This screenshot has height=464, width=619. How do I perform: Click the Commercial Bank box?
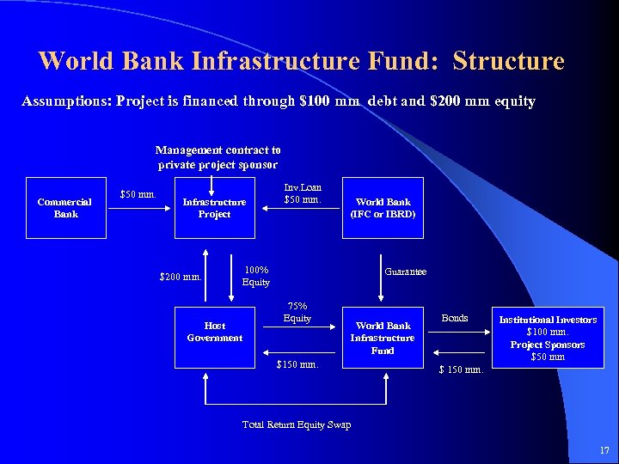pyautogui.click(x=65, y=208)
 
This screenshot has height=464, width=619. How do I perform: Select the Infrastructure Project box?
pyautogui.click(x=214, y=208)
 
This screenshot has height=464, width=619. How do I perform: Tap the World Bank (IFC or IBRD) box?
pyautogui.click(x=383, y=208)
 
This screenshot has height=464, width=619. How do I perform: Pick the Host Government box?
pyautogui.click(x=214, y=332)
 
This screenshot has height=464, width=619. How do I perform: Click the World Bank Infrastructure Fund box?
pyautogui.click(x=383, y=338)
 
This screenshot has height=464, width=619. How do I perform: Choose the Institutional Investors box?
pyautogui.click(x=548, y=338)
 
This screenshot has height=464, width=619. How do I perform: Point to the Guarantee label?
pyautogui.click(x=405, y=272)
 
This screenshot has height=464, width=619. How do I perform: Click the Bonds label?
pyautogui.click(x=455, y=318)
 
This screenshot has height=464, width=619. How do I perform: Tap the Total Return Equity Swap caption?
pyautogui.click(x=297, y=424)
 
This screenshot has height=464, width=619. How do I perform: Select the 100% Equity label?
pyautogui.click(x=256, y=276)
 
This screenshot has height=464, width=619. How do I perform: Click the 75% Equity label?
pyautogui.click(x=297, y=312)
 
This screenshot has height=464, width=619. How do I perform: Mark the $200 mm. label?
pyautogui.click(x=181, y=277)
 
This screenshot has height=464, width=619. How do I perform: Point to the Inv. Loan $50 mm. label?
pyautogui.click(x=303, y=193)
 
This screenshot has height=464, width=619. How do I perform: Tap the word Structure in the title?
pyautogui.click(x=508, y=61)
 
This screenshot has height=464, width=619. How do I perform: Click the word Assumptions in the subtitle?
pyautogui.click(x=66, y=101)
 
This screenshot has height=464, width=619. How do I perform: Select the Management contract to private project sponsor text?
pyautogui.click(x=218, y=157)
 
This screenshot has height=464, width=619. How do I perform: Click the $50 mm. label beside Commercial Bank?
pyautogui.click(x=138, y=194)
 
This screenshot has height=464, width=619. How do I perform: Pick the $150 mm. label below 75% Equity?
pyautogui.click(x=297, y=364)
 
